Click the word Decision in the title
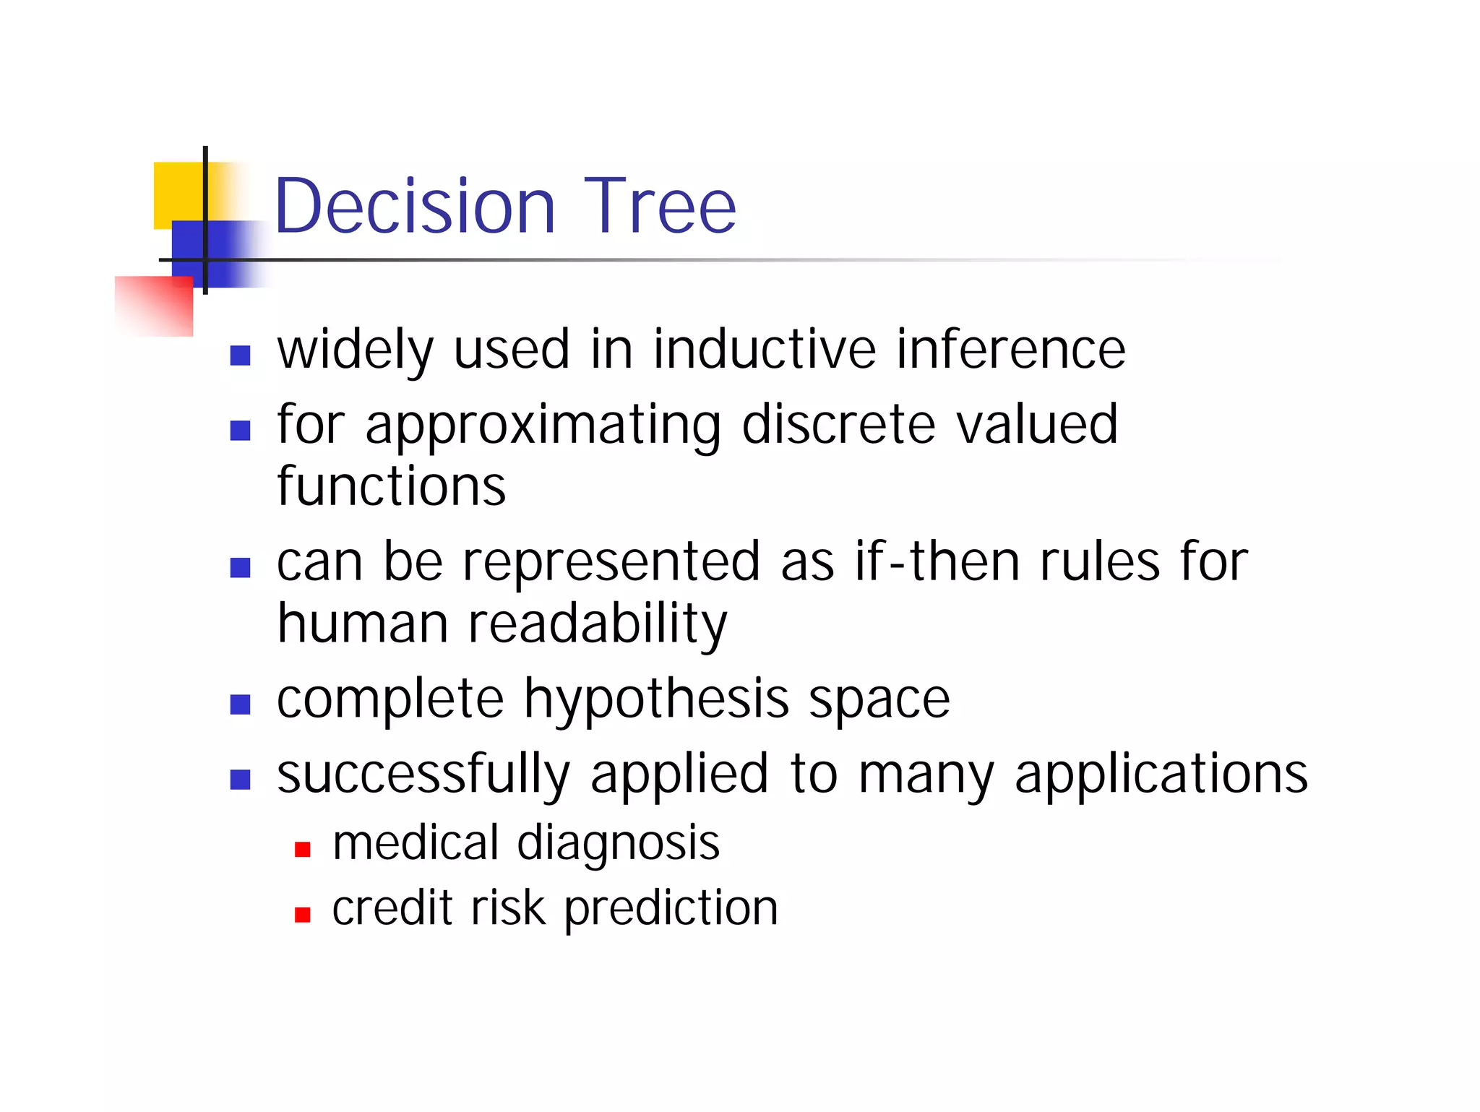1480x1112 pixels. [x=415, y=207]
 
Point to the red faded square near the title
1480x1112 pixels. [x=155, y=306]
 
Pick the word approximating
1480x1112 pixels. [x=543, y=426]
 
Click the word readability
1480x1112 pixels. [x=598, y=625]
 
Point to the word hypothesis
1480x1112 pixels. [x=656, y=701]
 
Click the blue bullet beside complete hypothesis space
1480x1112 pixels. [x=240, y=704]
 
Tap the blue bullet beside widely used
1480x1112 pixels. [x=240, y=355]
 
